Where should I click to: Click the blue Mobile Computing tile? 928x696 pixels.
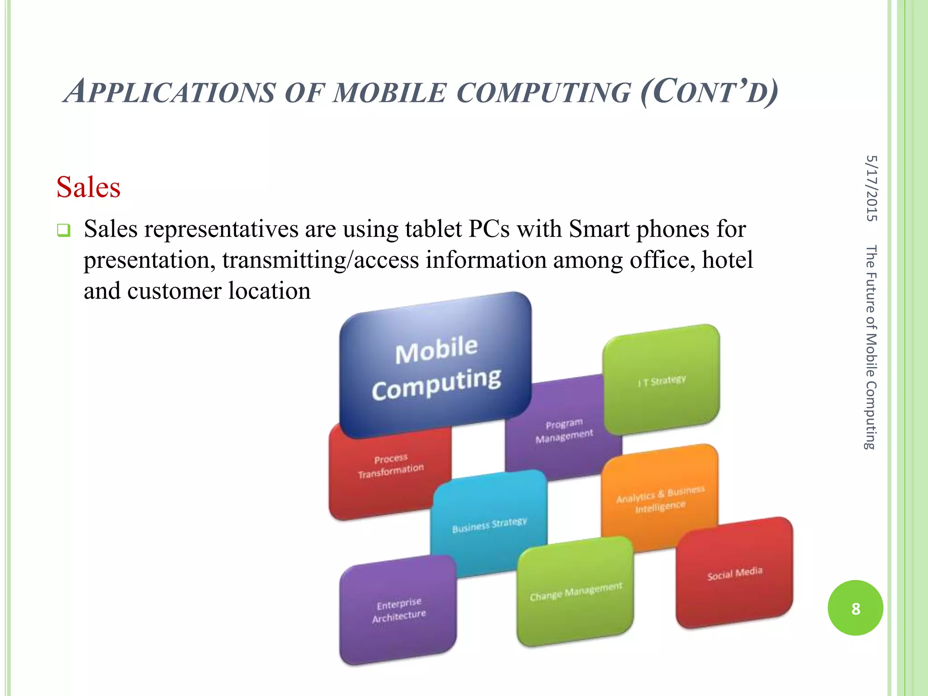click(436, 365)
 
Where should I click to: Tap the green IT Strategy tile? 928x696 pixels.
click(662, 380)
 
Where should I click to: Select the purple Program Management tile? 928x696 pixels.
click(564, 430)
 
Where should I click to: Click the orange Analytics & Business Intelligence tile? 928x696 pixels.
click(660, 498)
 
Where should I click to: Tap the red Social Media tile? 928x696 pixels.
click(735, 573)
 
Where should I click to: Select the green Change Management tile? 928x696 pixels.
click(575, 591)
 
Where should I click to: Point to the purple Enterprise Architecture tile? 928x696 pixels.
click(398, 610)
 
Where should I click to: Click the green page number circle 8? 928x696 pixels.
click(855, 608)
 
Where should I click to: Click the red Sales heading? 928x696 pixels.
click(88, 187)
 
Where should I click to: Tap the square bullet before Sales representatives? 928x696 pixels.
click(63, 231)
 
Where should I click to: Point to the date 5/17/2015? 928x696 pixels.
click(871, 188)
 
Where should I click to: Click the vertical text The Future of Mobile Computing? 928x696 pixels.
click(871, 347)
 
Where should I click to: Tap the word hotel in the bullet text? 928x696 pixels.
click(727, 260)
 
